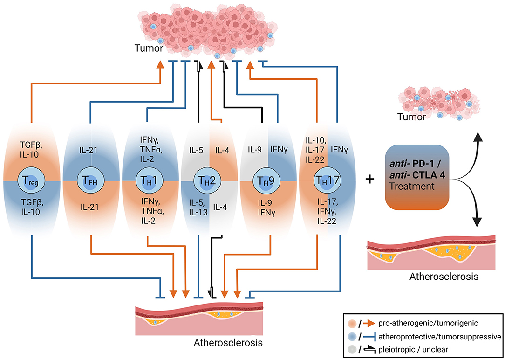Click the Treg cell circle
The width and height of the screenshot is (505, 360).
click(32, 180)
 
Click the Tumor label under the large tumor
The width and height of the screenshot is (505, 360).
click(147, 48)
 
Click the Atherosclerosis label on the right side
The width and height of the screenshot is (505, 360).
click(437, 276)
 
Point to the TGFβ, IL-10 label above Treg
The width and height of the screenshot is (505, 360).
click(32, 137)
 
